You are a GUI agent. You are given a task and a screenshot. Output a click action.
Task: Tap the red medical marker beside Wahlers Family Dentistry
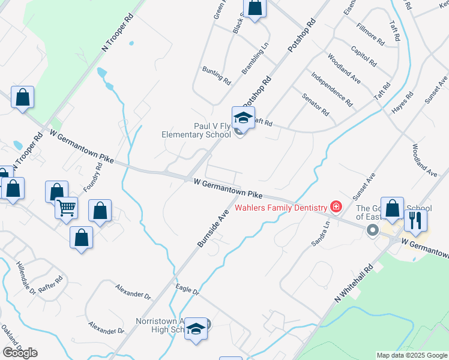[336, 208]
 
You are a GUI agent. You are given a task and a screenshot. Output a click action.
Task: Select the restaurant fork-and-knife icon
[415, 220]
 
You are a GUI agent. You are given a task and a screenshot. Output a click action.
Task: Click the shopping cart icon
[67, 208]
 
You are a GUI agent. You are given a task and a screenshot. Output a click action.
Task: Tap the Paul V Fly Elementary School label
[196, 130]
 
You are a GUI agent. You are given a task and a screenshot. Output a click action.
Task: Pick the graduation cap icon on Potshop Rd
[243, 116]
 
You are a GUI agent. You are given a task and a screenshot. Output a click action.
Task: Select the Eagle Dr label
[187, 290]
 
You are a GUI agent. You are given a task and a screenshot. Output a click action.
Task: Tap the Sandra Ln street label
[319, 235]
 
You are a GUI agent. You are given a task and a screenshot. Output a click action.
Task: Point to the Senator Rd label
[316, 104]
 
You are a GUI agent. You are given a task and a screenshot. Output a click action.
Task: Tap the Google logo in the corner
[20, 353]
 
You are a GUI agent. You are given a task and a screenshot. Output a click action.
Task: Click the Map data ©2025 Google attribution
[411, 355]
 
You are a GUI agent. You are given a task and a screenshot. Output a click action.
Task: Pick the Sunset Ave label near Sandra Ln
[364, 187]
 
